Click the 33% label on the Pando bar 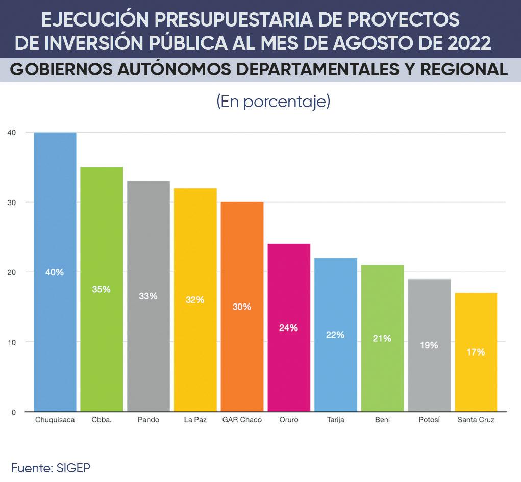pos(148,296)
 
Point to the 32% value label pos(195,300)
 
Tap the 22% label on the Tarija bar pos(335,335)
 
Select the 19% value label pos(429,345)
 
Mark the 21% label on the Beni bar pos(382,338)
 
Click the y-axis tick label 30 pos(12,202)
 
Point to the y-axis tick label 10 pos(12,342)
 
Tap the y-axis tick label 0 pos(14,412)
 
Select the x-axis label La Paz pos(195,420)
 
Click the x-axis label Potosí pos(429,420)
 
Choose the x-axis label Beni pos(382,420)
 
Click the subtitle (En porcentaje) pos(274,102)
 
